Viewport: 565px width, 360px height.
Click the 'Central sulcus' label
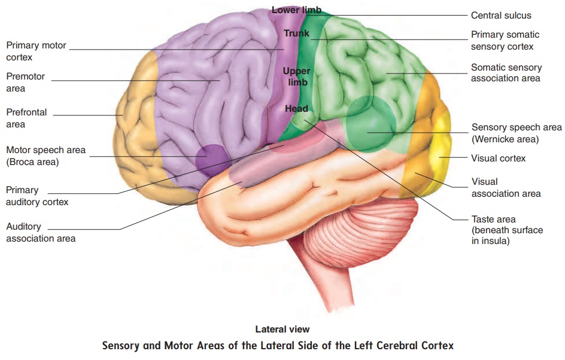[501, 16]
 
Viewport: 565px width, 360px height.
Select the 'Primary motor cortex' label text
[36, 51]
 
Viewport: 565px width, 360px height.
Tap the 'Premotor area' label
[25, 82]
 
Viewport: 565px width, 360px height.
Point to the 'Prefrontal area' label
[26, 118]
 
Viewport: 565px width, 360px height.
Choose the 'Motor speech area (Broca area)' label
[45, 156]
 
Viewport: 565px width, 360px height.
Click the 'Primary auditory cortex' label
[37, 196]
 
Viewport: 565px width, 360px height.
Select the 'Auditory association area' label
[41, 232]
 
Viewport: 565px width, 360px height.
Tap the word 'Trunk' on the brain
[296, 33]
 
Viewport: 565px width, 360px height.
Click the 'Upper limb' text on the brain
[296, 77]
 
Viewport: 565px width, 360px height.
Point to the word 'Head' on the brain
[296, 108]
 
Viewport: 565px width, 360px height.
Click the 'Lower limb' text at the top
[296, 10]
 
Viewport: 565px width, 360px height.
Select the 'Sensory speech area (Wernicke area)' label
[517, 133]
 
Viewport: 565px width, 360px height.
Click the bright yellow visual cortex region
[442, 155]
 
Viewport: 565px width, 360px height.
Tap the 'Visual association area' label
[506, 188]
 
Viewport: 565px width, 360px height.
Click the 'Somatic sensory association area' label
[506, 73]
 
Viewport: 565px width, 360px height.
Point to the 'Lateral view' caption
[282, 329]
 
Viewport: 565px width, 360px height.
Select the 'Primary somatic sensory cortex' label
[505, 40]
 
